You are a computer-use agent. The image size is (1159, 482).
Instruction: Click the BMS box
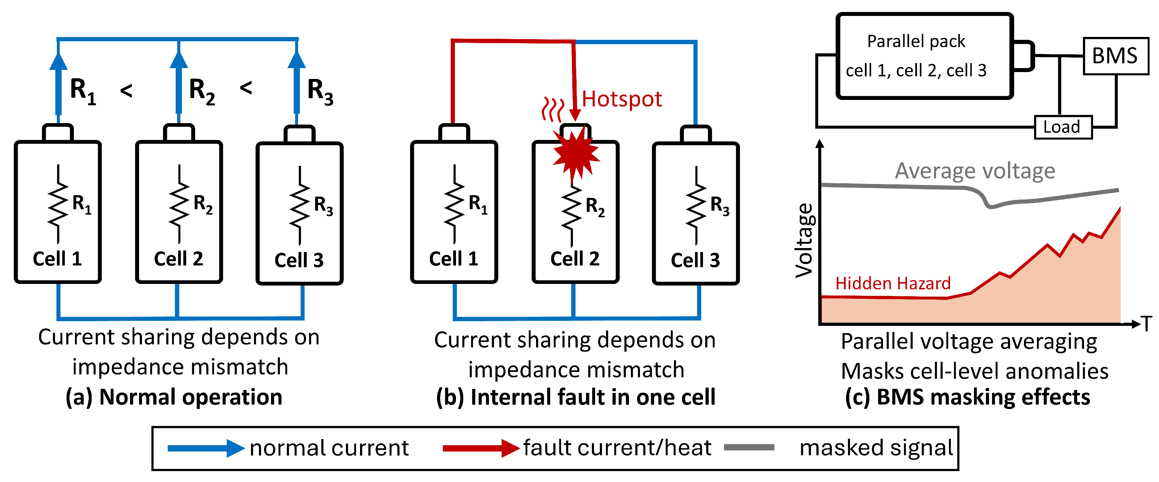coord(1116,56)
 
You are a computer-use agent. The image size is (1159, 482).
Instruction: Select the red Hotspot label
coord(622,99)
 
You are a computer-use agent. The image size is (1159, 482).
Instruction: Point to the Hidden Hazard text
coord(893,284)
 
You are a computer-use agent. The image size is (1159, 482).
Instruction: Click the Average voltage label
coord(975,171)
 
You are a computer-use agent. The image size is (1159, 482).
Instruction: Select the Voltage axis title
coord(804,240)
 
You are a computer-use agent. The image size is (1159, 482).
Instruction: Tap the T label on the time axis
coord(1147,324)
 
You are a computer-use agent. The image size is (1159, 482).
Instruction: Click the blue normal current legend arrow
coord(206,448)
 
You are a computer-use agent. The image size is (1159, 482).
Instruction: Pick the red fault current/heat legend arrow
coord(481,448)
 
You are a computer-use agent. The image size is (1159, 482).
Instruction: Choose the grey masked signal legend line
coord(749,447)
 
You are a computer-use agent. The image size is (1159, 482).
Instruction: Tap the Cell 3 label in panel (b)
coord(695,260)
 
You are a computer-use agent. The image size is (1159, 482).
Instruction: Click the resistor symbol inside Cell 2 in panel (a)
coord(179,204)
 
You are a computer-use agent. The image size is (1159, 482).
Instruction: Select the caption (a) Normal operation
coord(174,397)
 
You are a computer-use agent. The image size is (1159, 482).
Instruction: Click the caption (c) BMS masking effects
coord(968,397)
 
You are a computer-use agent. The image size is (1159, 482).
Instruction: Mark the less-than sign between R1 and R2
coord(126,91)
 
